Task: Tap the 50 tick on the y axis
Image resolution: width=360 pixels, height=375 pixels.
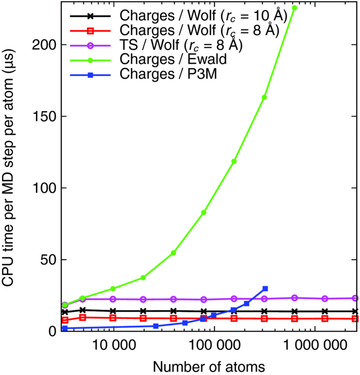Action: click(x=46, y=260)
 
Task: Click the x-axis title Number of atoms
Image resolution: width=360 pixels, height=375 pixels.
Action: click(x=209, y=366)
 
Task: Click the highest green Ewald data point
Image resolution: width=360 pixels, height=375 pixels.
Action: click(x=295, y=8)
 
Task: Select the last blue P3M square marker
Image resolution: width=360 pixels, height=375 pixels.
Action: click(x=265, y=289)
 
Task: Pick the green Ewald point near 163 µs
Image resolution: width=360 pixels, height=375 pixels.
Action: click(x=264, y=97)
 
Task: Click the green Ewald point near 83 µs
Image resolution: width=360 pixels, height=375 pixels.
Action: click(x=204, y=212)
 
